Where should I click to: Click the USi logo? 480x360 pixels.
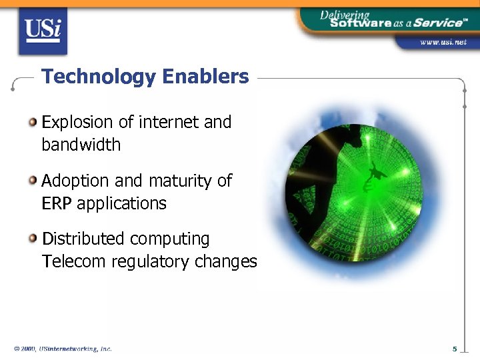(x=43, y=31)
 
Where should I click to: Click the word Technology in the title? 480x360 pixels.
(x=98, y=77)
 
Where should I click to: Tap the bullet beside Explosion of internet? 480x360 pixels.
(x=33, y=121)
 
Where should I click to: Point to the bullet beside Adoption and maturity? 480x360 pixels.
(x=33, y=180)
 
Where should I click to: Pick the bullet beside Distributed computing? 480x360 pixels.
(x=33, y=238)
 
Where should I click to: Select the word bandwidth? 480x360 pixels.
(x=81, y=145)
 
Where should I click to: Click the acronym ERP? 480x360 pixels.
(x=56, y=203)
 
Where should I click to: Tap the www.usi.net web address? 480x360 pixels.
(x=443, y=42)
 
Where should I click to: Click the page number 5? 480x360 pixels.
(x=454, y=349)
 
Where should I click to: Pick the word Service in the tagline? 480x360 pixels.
(x=436, y=22)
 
